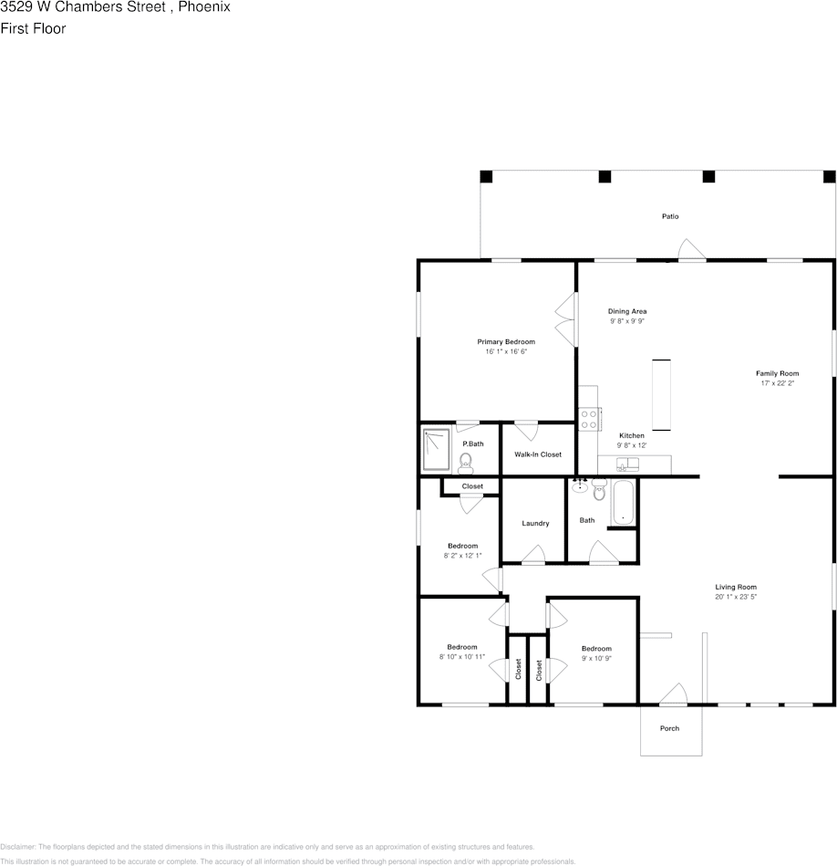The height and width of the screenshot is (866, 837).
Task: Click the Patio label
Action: (x=670, y=216)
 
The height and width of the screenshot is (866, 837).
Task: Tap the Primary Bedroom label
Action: (x=506, y=342)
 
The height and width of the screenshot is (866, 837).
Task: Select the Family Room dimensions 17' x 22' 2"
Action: (x=777, y=384)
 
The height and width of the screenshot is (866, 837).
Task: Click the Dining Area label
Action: (x=627, y=311)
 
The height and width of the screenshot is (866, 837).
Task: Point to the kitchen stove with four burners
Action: (x=589, y=419)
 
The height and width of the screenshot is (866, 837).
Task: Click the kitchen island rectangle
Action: (x=661, y=394)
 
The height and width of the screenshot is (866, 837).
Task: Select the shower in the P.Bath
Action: (x=438, y=451)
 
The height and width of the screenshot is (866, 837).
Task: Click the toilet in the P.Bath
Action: (x=466, y=462)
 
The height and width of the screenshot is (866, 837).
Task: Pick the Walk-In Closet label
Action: (x=538, y=454)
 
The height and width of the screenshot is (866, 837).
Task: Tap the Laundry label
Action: (x=535, y=524)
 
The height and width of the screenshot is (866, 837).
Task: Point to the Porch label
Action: (x=670, y=728)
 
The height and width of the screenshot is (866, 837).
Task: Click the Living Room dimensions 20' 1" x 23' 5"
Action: (x=736, y=598)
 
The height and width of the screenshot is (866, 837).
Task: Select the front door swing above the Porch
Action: (x=673, y=694)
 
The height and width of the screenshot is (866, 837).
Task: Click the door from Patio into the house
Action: (x=691, y=249)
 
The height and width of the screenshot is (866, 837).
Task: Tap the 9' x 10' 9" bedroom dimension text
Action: (x=596, y=659)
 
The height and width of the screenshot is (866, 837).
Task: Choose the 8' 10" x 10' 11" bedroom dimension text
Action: (x=461, y=657)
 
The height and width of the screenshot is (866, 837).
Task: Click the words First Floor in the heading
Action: (x=33, y=29)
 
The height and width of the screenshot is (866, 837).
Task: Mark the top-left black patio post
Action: (x=486, y=176)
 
